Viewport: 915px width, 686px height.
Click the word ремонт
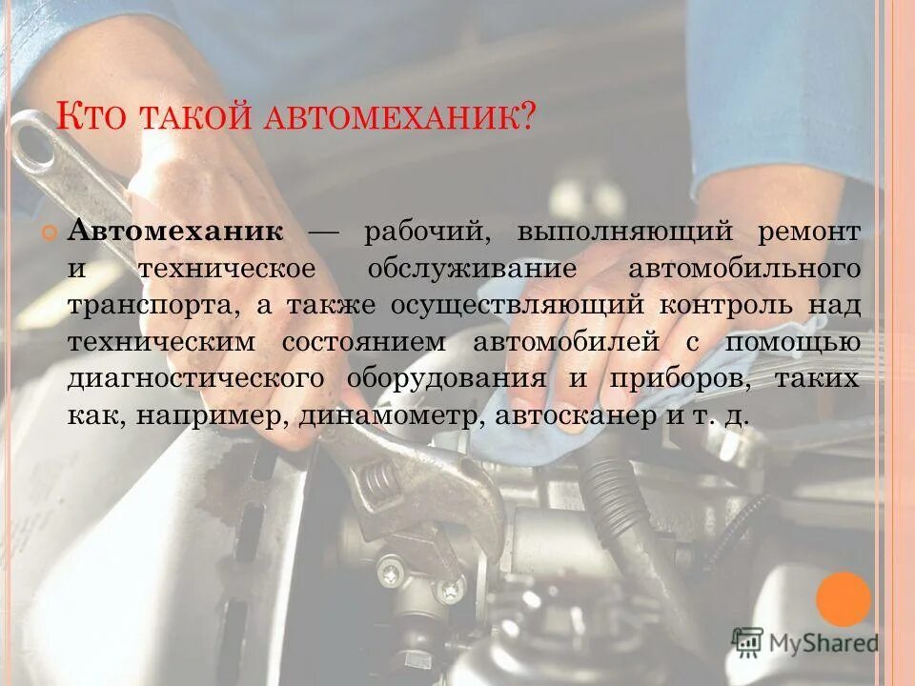pyautogui.click(x=809, y=232)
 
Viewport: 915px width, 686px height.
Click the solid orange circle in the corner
pyautogui.click(x=843, y=599)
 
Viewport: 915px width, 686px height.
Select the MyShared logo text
pyautogui.click(x=823, y=643)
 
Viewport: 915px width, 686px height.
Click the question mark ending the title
pyautogui.click(x=526, y=117)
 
